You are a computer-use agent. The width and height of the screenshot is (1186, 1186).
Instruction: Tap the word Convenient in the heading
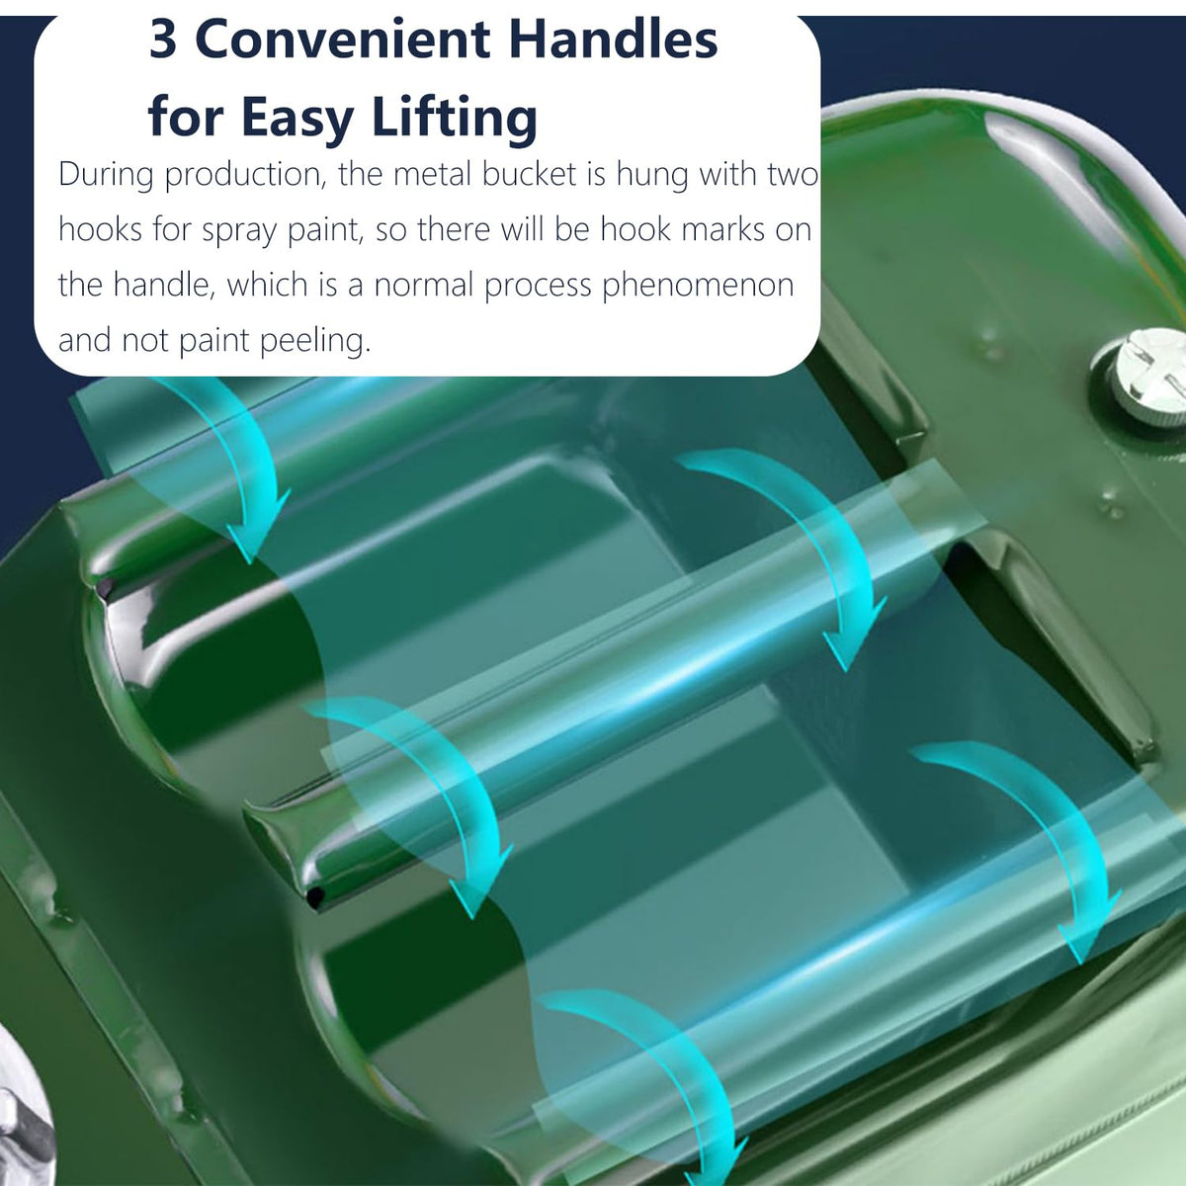[343, 40]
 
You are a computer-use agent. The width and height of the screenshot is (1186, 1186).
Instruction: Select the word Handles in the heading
[614, 39]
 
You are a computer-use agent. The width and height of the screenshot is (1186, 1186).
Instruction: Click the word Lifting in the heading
[455, 117]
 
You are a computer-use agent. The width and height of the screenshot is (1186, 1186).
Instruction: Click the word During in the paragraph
[106, 175]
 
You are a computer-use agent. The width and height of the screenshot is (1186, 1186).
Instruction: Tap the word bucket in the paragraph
[530, 174]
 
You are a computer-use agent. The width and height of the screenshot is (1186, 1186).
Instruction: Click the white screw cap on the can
[1146, 376]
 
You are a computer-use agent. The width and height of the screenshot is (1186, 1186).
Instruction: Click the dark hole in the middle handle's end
[316, 895]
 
